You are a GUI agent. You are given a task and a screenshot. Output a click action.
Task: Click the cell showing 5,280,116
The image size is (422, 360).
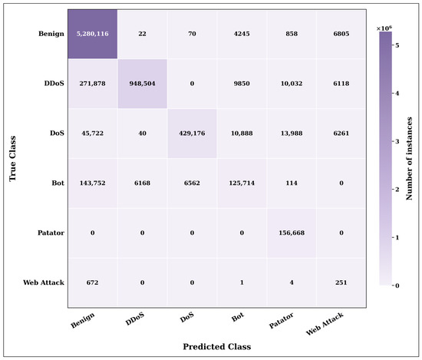tap(93, 34)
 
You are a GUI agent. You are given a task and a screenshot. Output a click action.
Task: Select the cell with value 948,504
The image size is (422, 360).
tap(143, 84)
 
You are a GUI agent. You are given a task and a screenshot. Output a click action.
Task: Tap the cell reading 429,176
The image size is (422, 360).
tap(192, 134)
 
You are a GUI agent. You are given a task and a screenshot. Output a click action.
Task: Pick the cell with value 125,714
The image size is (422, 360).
tap(242, 183)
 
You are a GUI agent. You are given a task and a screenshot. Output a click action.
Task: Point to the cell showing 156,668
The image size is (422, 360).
tap(292, 233)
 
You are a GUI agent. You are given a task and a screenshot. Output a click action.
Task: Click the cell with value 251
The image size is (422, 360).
tap(341, 282)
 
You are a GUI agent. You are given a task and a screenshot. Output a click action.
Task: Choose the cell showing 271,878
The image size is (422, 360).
tap(93, 84)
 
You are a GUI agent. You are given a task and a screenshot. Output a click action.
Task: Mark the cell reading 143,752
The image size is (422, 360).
tap(93, 183)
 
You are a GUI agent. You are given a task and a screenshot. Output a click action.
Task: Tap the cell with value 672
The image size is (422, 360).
tap(93, 282)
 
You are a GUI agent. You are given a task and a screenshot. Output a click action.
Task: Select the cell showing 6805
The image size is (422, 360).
tap(341, 34)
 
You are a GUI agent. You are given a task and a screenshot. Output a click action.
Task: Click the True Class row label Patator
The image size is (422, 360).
tap(51, 233)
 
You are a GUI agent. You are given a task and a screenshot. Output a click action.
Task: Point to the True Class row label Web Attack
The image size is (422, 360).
tap(44, 282)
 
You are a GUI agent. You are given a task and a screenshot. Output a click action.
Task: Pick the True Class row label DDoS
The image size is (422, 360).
tap(54, 84)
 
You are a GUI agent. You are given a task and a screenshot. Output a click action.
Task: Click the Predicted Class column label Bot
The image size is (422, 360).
tap(238, 317)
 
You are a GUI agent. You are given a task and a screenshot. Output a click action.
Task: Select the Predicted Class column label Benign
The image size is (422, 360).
tap(83, 320)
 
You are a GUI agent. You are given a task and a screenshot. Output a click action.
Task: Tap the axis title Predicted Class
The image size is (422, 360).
tap(217, 346)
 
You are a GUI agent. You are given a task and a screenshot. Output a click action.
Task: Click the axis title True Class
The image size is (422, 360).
tap(12, 159)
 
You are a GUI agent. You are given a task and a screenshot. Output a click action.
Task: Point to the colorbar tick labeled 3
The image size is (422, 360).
tap(397, 142)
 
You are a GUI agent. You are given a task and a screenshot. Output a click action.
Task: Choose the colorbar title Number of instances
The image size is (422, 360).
tap(410, 159)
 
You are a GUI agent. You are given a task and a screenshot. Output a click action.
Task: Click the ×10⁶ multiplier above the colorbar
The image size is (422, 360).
tap(384, 28)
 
